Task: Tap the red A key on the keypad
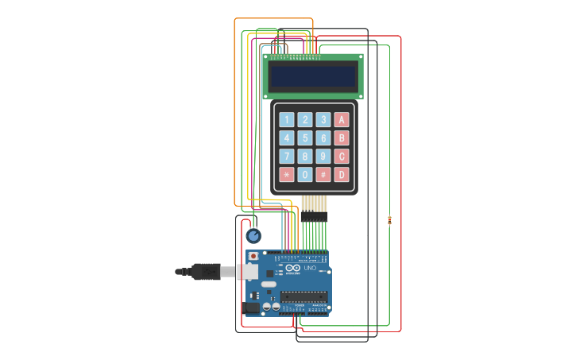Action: coord(342,120)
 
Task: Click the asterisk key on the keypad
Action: coord(287,174)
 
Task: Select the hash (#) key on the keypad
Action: coord(323,174)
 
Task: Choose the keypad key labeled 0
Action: coord(305,174)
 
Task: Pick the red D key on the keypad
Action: coord(342,174)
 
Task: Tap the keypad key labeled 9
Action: coord(323,156)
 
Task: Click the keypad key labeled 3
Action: coord(323,120)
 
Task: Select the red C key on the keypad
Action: coord(342,156)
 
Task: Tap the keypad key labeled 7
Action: coord(287,156)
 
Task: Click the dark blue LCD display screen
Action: coord(313,76)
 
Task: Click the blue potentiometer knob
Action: coord(253,236)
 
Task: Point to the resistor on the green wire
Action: coord(389,221)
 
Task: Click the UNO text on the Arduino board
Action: coord(310,269)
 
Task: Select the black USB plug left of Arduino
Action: coord(205,272)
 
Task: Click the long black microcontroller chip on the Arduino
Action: coord(303,296)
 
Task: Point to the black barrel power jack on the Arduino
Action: coord(252,307)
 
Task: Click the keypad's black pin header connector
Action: coord(314,217)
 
